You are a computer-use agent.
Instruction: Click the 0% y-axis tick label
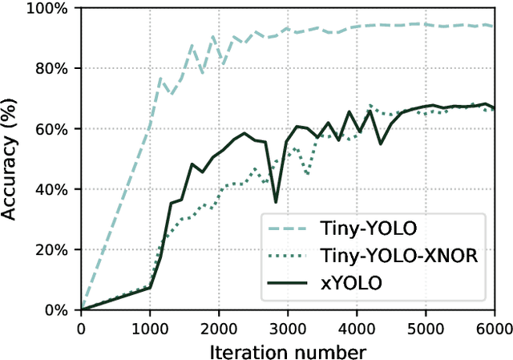tap(59, 309)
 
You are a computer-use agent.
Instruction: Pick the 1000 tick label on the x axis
tap(150, 328)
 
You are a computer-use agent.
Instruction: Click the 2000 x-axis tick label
tap(219, 328)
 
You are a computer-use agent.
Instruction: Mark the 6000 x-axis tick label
tap(493, 328)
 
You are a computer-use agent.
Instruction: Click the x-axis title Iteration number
tap(288, 350)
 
